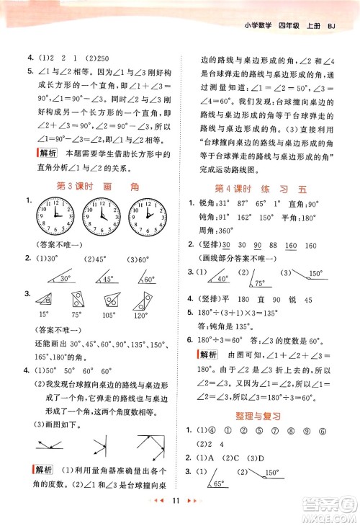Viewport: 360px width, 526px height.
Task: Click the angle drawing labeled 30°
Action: tap(61, 278)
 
